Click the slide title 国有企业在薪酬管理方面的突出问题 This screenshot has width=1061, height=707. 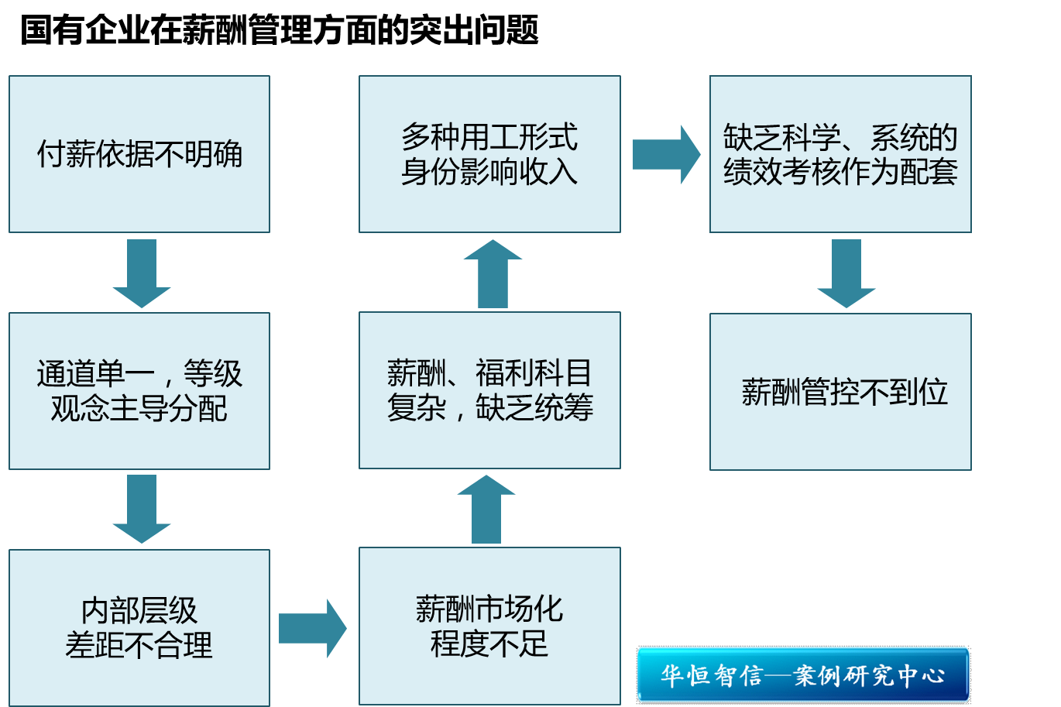pos(279,31)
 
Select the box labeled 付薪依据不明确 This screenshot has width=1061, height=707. pos(139,154)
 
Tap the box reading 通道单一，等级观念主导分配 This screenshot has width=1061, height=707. pos(139,391)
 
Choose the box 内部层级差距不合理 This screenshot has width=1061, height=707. pos(139,627)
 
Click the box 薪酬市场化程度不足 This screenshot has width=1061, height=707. pos(489,626)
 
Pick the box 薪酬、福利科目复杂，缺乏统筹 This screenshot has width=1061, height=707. pos(489,390)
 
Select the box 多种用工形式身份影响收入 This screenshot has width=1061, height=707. pos(489,154)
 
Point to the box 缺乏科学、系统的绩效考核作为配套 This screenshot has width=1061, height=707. pos(840,154)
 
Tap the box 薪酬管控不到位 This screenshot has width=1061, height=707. pos(840,392)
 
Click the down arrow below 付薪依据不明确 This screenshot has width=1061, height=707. pos(142,273)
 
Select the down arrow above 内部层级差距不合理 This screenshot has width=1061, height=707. pos(142,509)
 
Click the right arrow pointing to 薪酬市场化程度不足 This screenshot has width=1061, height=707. pos(312,628)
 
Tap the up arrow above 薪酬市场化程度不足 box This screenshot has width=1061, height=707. pos(486,510)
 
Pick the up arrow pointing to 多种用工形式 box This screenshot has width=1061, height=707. pos(493,273)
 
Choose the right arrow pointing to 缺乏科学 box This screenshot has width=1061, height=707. pos(666,154)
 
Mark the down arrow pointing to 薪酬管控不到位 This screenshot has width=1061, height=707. pos(846,273)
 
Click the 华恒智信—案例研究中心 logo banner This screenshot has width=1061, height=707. pos(803,674)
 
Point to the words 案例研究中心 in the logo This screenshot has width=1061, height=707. pos(869,675)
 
